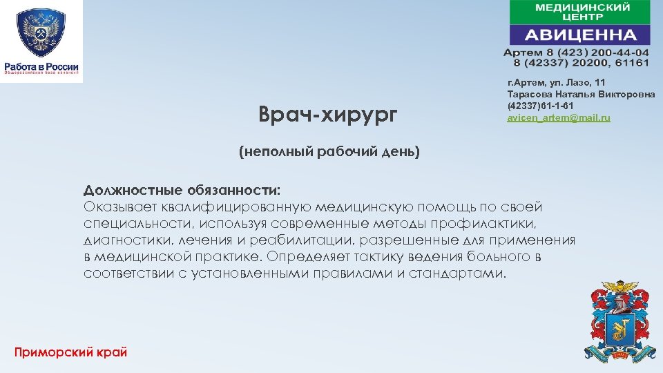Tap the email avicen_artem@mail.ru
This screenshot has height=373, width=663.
tap(559, 119)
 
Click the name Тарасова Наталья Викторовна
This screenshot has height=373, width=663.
tap(581, 94)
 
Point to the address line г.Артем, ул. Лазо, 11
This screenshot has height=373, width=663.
tap(556, 82)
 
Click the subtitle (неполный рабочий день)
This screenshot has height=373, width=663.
tap(329, 151)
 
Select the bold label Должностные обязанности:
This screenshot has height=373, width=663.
tap(182, 190)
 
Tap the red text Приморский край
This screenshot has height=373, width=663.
tap(71, 352)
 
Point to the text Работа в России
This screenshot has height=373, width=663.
tap(41, 66)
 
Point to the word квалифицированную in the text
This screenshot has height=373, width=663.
tap(238, 207)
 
